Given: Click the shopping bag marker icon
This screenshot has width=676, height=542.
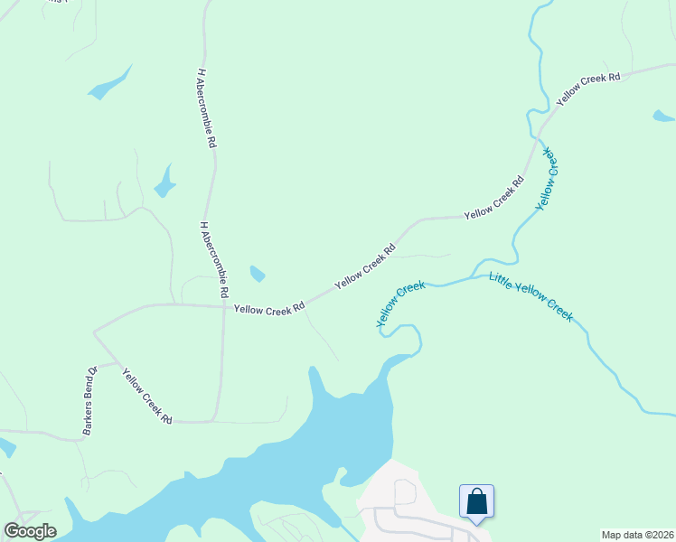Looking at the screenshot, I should click(476, 501).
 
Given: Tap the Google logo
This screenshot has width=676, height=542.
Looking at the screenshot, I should click(30, 531).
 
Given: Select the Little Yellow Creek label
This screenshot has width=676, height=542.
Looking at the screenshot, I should click(531, 296).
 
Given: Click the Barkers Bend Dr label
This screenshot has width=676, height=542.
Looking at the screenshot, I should click(89, 401).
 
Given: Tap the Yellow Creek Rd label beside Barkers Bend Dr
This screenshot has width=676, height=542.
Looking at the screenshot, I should click(147, 397).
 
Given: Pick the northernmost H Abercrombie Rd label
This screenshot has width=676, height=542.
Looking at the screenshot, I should click(205, 107).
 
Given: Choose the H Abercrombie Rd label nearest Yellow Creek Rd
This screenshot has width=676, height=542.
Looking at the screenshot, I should click(213, 260).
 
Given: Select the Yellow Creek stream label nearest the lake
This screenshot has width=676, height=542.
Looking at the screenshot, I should click(400, 304).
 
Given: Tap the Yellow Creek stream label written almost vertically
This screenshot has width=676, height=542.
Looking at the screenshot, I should click(549, 179).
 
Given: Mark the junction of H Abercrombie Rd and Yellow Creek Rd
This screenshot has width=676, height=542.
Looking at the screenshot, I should click(223, 306).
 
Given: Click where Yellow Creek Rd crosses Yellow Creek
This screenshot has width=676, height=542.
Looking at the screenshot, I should click(539, 135).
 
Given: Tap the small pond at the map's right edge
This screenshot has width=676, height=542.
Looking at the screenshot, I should click(663, 116).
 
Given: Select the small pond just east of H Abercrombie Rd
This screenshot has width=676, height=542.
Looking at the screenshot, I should click(258, 273).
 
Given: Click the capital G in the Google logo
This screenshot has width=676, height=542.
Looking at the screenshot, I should click(12, 531).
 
